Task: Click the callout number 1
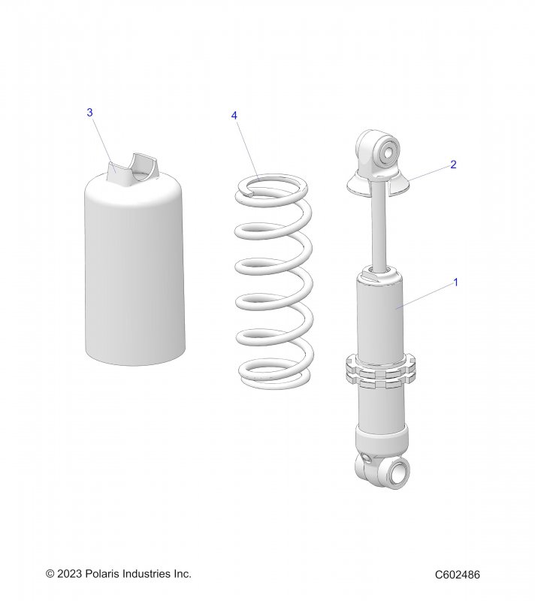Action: coord(455,282)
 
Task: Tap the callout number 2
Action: coord(453,165)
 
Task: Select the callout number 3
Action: coord(89,113)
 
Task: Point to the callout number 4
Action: coord(234,116)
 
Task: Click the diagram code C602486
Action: coord(457,575)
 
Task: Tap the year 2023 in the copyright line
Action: coord(69,574)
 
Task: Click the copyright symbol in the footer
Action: coord(50,574)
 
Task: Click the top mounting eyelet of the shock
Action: coord(379,150)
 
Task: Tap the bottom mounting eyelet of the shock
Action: coord(383,470)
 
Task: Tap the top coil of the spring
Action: coord(272,185)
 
